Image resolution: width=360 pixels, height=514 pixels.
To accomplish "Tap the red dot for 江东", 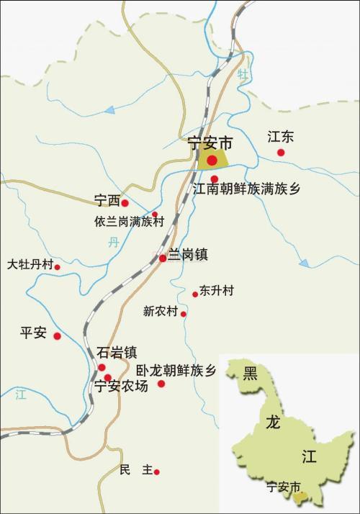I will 281,153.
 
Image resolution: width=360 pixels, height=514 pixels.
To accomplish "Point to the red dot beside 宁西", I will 125,203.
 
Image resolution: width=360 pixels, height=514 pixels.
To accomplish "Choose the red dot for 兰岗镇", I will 163,258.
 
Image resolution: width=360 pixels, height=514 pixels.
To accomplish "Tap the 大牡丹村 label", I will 30,264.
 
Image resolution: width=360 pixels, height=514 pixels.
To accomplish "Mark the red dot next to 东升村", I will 195,294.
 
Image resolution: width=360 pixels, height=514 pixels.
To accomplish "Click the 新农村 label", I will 160,312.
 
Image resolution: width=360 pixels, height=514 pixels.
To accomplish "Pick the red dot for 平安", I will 57,335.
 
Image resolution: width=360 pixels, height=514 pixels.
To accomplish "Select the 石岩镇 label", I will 117,353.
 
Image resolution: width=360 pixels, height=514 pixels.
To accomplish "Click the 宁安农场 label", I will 122,387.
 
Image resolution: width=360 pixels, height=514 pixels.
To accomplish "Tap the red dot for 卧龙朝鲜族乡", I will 161,384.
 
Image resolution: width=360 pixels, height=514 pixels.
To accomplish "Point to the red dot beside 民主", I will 156,472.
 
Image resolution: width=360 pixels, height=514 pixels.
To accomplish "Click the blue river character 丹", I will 113,243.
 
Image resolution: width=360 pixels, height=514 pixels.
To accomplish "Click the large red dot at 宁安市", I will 212,160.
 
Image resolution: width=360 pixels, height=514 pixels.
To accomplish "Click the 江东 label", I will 281,137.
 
